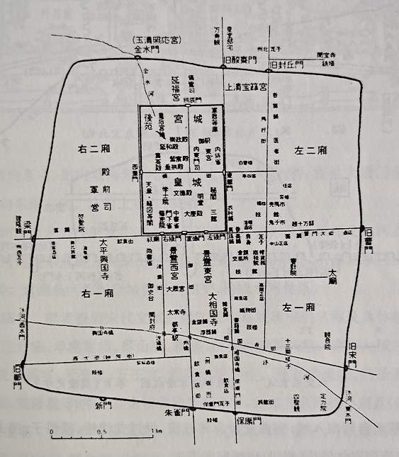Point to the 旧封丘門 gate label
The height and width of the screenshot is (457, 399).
point(283,64)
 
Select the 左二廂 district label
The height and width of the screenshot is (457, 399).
point(310,150)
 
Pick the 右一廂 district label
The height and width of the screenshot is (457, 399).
point(94,291)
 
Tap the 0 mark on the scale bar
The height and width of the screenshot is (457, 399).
point(52,431)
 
